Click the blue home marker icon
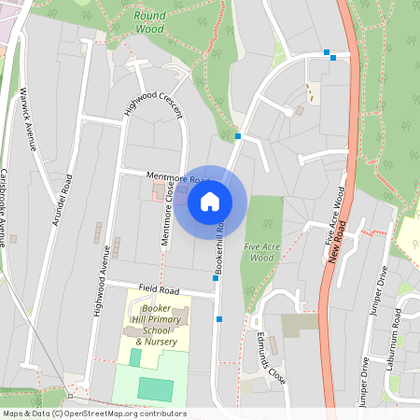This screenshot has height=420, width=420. click(x=210, y=201)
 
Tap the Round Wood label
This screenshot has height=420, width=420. click(x=149, y=22)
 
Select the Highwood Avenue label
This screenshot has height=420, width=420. click(x=99, y=277)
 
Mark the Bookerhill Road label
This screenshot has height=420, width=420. click(x=221, y=245)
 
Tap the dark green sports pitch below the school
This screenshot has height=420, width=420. click(x=156, y=388)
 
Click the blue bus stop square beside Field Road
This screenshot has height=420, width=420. click(x=216, y=277)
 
